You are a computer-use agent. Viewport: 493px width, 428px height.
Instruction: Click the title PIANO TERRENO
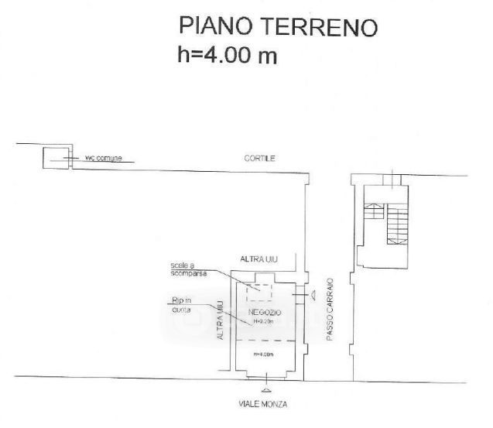pos(278,26)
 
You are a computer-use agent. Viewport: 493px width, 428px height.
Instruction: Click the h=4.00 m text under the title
pos(228,56)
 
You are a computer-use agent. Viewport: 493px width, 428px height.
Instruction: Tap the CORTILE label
pos(260,158)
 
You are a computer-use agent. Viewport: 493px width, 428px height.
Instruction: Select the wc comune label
pos(103,159)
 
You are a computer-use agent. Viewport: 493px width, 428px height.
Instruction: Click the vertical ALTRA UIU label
pos(221,321)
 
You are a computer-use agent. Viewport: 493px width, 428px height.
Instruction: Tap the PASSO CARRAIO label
pos(330,310)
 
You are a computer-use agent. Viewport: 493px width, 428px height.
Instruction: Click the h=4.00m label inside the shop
pos(265,354)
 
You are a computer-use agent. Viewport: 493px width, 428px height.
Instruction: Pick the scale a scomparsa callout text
pos(189,271)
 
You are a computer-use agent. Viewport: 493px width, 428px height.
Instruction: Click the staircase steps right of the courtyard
pos(397,221)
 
